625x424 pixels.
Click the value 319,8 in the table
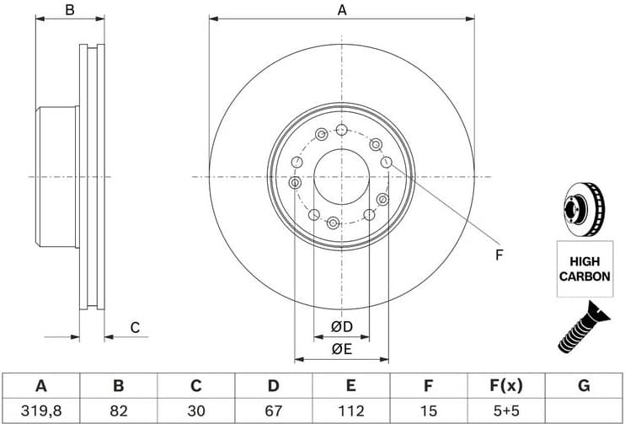[40, 411]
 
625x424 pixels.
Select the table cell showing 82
[119, 411]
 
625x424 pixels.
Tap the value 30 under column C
[195, 411]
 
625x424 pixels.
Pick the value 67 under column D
[273, 411]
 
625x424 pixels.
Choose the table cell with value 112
[350, 411]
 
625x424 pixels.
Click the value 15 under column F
[428, 411]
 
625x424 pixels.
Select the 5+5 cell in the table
[505, 411]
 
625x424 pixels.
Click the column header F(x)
[505, 386]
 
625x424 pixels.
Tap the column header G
[584, 386]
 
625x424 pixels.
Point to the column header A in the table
[40, 386]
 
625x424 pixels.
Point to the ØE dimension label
[340, 348]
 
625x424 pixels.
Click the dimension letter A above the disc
[341, 10]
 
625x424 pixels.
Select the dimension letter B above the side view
[70, 10]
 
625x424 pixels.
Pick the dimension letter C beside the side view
[134, 328]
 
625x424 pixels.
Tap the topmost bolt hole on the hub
[341, 129]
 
